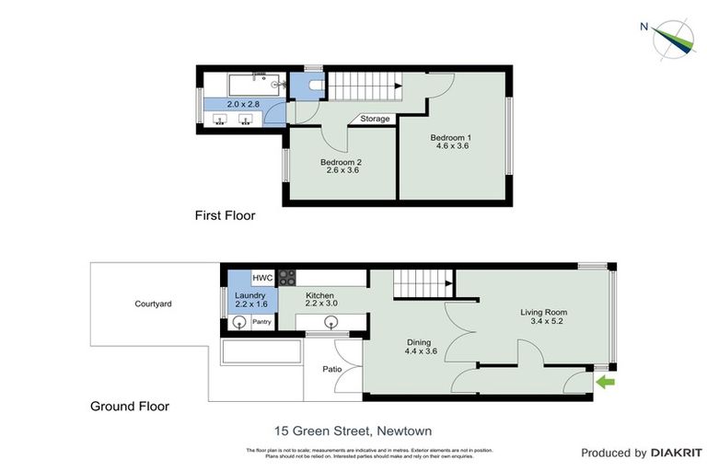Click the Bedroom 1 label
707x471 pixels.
(x=451, y=138)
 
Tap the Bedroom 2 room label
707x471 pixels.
(x=340, y=163)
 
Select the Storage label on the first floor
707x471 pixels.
(x=375, y=119)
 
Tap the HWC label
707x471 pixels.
(x=261, y=278)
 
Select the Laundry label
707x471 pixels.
(x=250, y=295)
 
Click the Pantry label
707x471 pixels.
(x=261, y=323)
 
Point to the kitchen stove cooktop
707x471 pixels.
(x=285, y=276)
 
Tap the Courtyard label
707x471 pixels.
(x=153, y=304)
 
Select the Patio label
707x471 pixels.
(x=332, y=369)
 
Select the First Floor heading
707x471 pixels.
(x=225, y=216)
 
